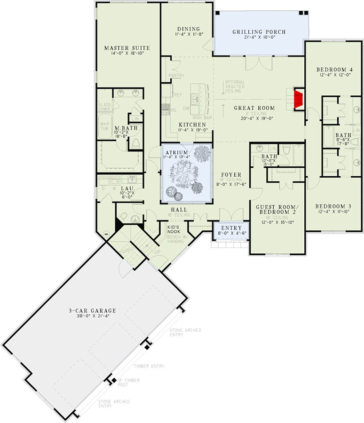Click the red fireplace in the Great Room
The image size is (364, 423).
tap(298, 99)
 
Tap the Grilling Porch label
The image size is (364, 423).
tap(259, 32)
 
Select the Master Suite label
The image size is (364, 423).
tap(127, 48)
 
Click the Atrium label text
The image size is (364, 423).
tap(177, 153)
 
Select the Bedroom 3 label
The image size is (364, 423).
tap(332, 206)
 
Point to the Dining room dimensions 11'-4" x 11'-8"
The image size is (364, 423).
tap(188, 34)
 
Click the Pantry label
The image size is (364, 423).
tap(176, 75)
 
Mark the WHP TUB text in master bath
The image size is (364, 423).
tap(104, 126)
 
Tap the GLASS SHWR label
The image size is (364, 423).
tap(104, 107)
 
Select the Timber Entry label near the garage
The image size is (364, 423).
tap(149, 366)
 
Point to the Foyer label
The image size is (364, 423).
tap(230, 175)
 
